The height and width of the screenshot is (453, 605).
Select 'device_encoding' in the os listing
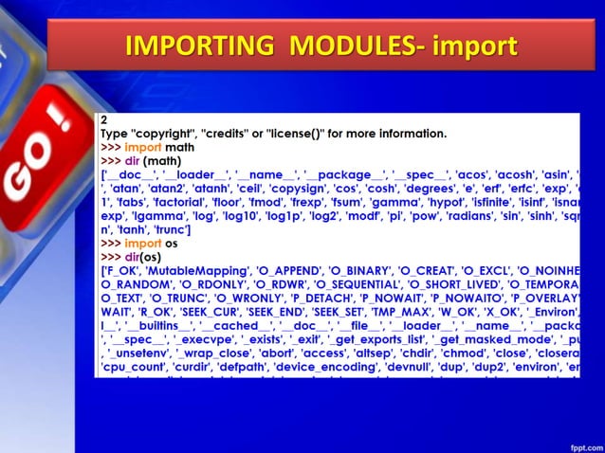point(382,366)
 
